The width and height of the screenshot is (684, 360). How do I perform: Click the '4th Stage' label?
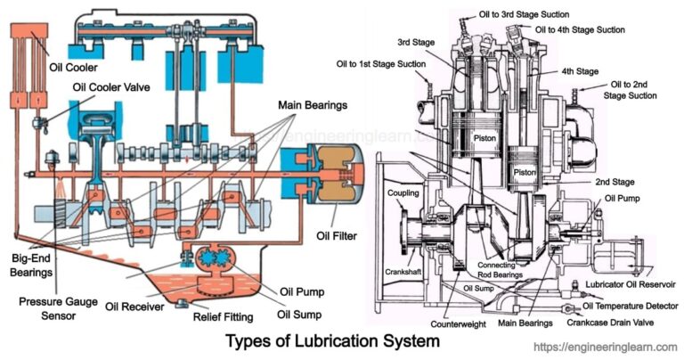[x=579, y=71]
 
